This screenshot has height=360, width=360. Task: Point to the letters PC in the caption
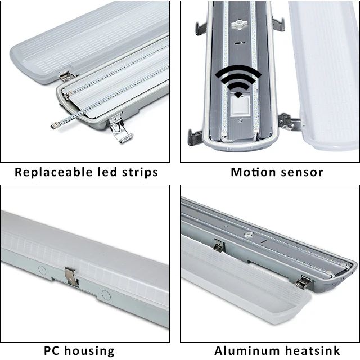coord(53,351)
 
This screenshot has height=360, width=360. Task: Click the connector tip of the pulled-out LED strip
coord(55,125)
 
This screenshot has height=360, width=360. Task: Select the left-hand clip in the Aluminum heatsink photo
coord(219,245)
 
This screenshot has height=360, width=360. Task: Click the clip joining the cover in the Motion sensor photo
coord(287,121)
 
